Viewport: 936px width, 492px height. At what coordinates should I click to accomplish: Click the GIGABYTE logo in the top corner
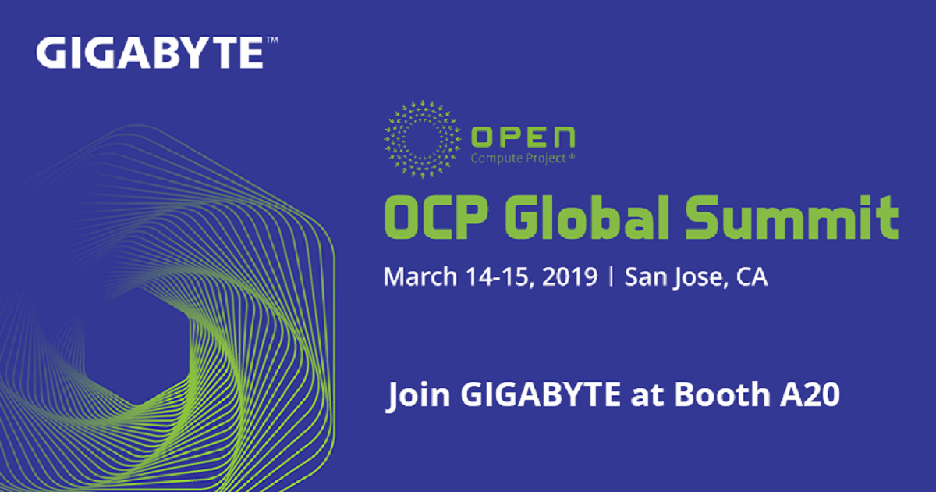coord(149,53)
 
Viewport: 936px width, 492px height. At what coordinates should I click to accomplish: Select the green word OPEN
coord(523,138)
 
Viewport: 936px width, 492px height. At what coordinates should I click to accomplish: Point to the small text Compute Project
coord(515,159)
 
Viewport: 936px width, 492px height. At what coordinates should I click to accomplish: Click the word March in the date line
coord(413,277)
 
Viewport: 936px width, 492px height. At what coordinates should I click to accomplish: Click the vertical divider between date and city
coord(612,278)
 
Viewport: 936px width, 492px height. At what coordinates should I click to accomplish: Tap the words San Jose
coord(670,277)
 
